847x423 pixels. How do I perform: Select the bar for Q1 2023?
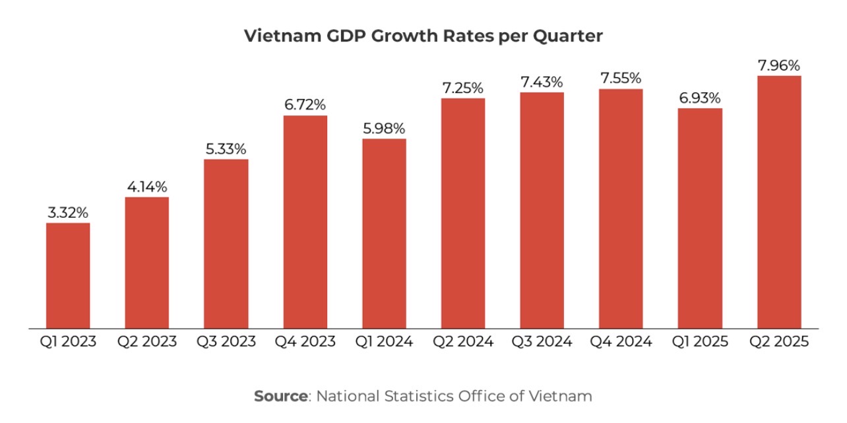click(x=68, y=275)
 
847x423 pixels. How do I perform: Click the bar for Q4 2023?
click(x=305, y=222)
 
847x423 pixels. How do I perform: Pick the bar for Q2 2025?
click(x=779, y=202)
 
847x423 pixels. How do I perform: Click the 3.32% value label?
click(x=68, y=212)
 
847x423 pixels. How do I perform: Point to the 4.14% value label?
click(x=147, y=187)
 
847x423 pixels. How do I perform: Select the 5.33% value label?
click(x=226, y=149)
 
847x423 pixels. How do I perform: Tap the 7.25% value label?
click(x=463, y=88)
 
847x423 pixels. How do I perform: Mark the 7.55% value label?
click(x=621, y=79)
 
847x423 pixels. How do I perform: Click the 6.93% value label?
click(x=700, y=98)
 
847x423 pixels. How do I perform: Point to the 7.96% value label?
click(x=779, y=65)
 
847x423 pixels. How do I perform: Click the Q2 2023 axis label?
click(x=147, y=342)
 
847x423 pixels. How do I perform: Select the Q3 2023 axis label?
click(x=226, y=342)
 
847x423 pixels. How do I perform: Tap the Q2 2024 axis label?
click(x=463, y=342)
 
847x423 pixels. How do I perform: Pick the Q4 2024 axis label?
click(x=621, y=342)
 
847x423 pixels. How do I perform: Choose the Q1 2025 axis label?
click(x=700, y=342)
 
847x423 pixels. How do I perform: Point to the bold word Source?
click(x=281, y=396)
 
